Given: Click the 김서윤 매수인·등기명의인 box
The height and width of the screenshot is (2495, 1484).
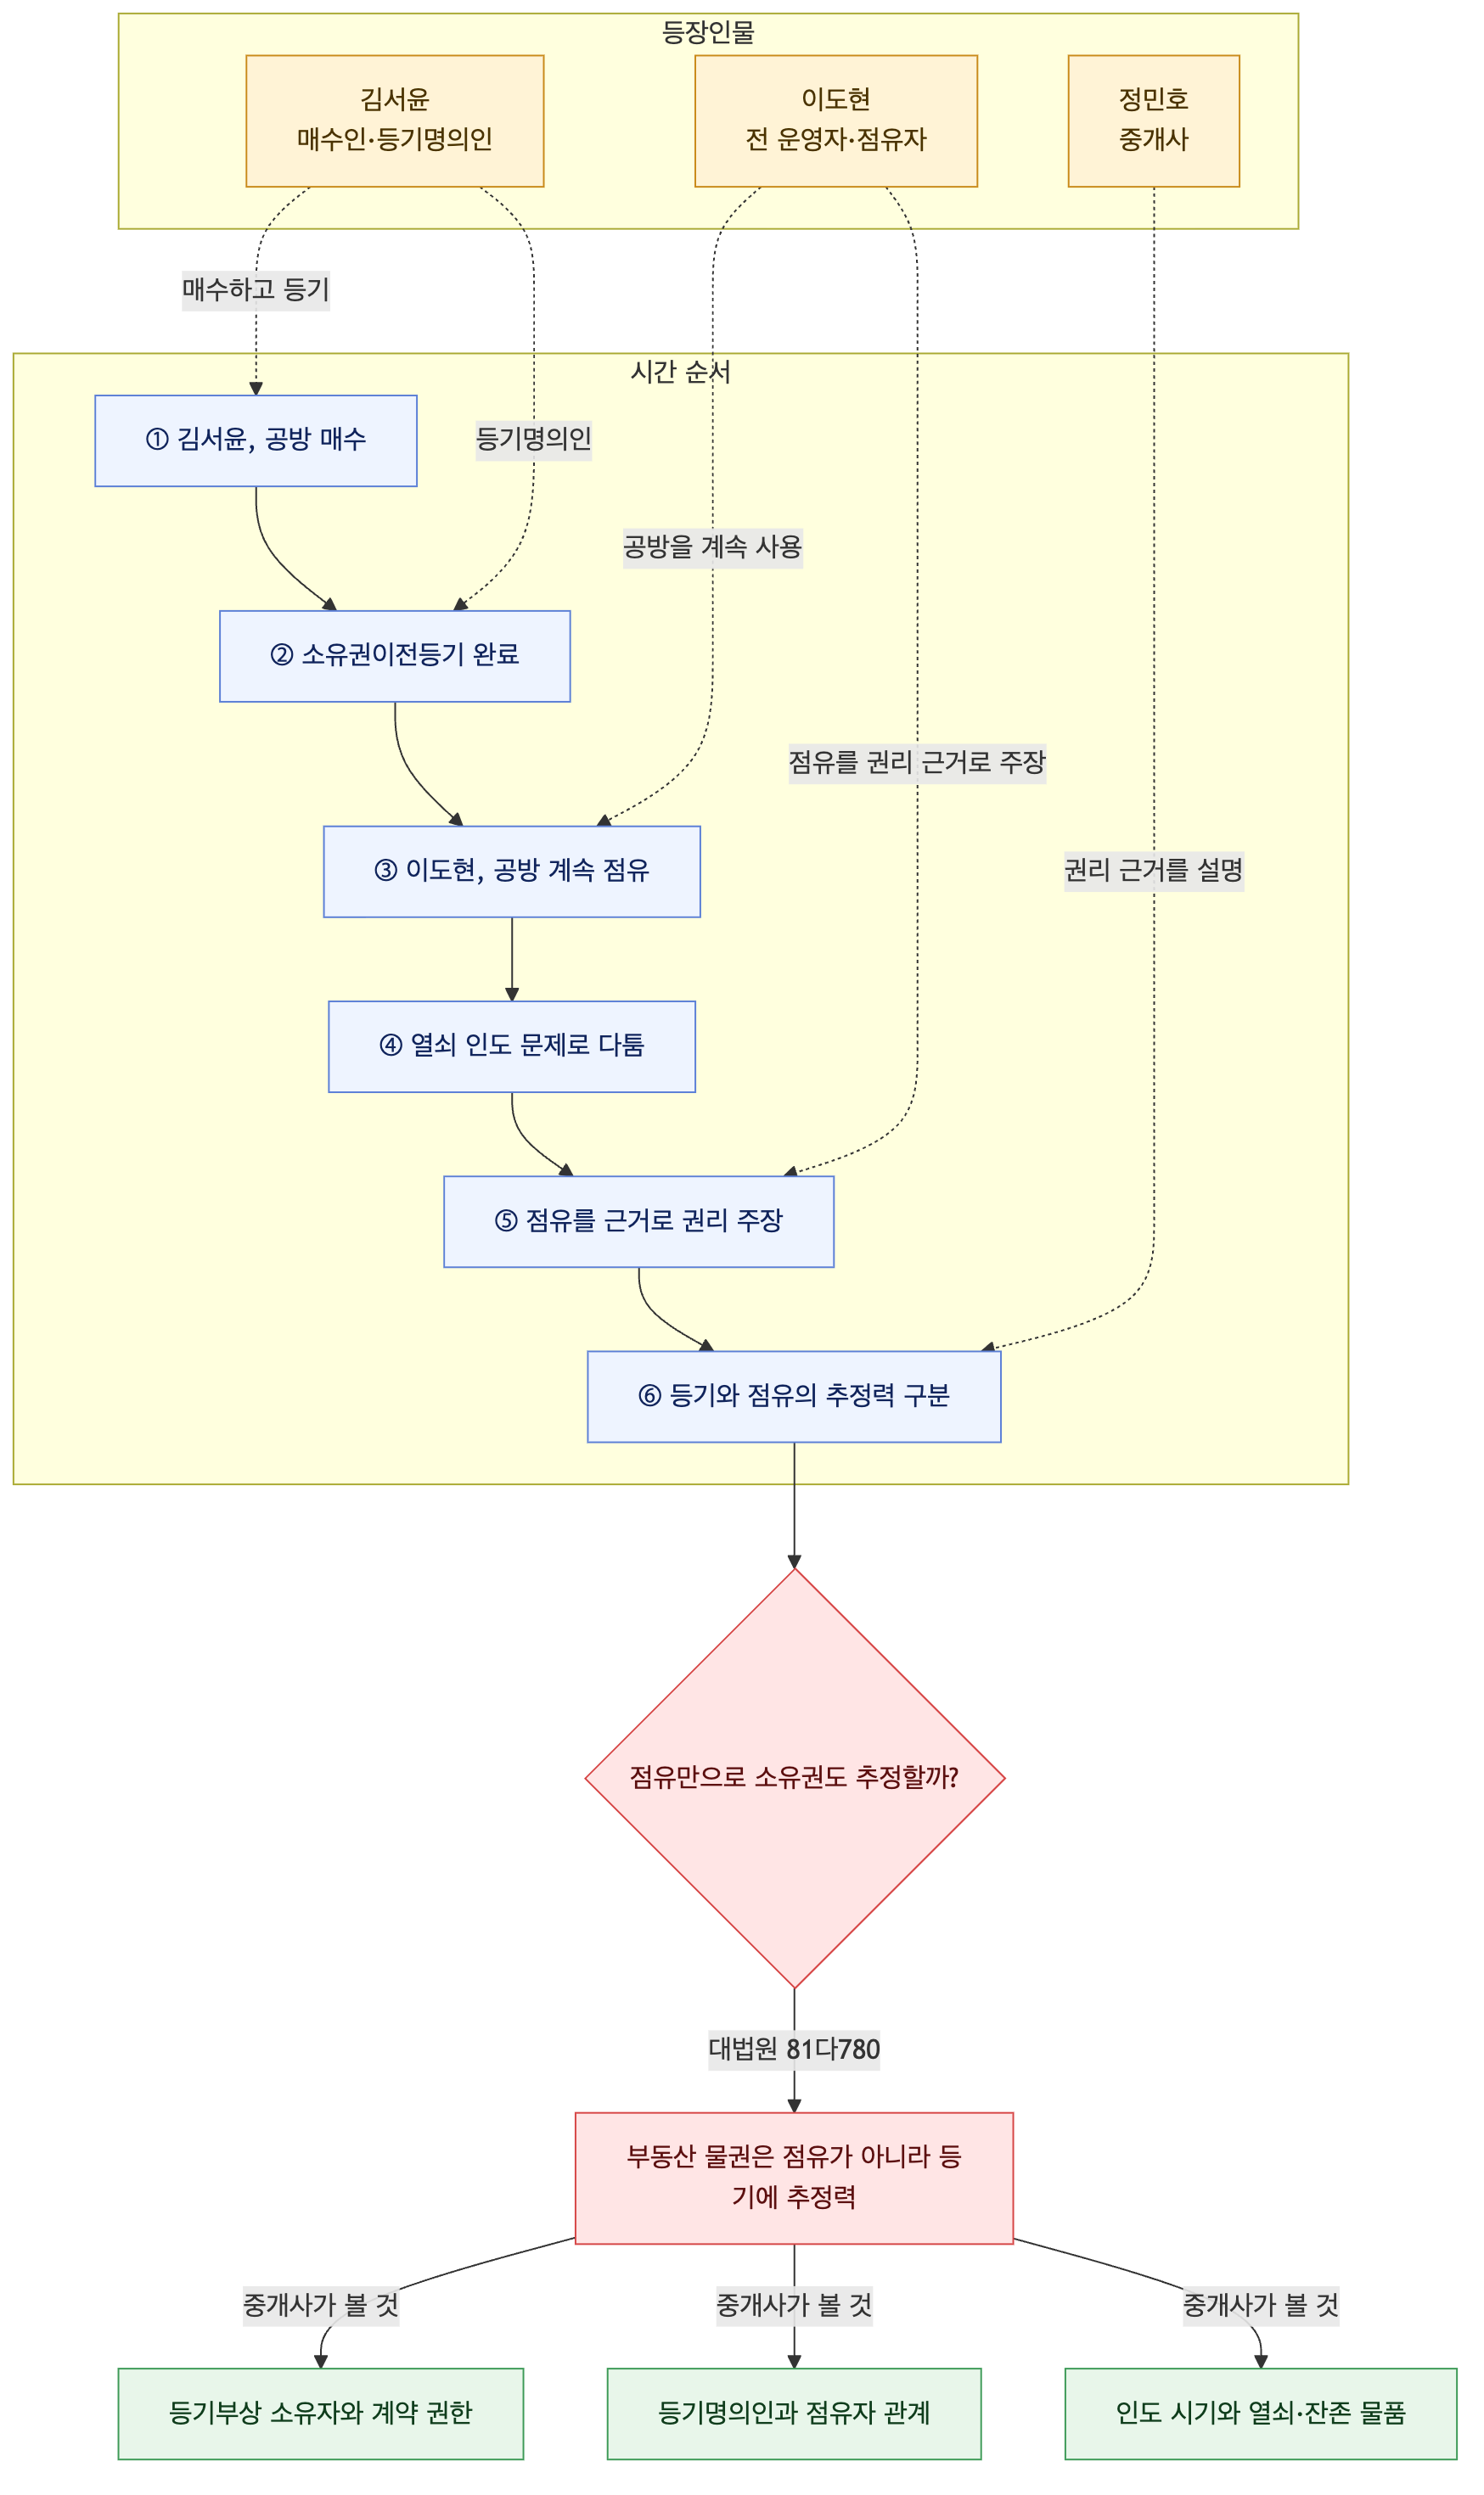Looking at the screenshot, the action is pos(395,121).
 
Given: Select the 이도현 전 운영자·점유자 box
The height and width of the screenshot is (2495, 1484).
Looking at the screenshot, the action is pos(836,121).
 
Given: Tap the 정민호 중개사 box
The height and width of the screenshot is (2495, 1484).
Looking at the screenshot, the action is pos(1154,121).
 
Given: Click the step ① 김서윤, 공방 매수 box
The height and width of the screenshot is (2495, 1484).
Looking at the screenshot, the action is pos(256,440).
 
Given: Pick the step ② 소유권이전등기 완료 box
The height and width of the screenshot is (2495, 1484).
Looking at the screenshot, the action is pos(395,656).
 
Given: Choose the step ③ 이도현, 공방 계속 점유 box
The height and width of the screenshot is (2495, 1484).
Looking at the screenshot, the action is pos(512,872).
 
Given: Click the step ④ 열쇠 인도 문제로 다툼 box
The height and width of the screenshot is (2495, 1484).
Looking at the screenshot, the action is pos(512,1046).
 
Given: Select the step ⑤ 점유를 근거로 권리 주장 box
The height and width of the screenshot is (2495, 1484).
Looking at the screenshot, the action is pos(639,1221).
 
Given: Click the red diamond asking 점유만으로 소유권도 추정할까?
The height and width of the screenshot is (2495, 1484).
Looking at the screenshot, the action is pos(795,1778).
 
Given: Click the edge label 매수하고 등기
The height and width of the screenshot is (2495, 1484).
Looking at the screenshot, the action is pos(256,290).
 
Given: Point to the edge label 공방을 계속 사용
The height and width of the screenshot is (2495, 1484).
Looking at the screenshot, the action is pos(713,547).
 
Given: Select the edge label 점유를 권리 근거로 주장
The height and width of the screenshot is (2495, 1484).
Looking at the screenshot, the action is pos(917,763).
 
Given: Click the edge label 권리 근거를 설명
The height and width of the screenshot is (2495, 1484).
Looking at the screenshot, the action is pos(1154,871).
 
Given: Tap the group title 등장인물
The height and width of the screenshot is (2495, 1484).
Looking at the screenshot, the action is pos(708,33).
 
